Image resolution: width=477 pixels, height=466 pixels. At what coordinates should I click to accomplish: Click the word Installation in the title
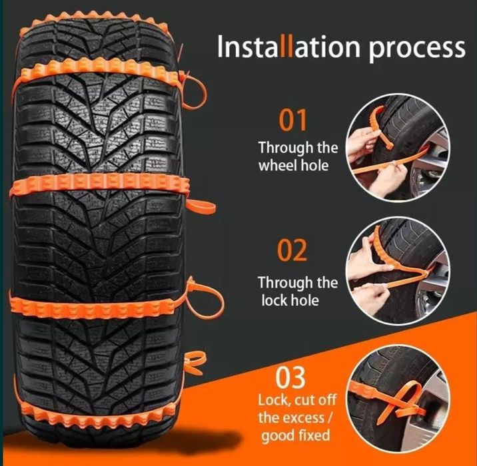(288, 47)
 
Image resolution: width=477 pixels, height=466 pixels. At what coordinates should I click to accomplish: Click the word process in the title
(417, 49)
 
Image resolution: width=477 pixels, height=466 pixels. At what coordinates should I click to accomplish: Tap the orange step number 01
(292, 120)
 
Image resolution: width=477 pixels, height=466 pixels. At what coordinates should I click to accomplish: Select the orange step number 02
(292, 250)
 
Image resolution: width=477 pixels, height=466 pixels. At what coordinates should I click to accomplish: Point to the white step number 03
(290, 377)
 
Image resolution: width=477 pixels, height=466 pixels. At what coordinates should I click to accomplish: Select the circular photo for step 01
(398, 147)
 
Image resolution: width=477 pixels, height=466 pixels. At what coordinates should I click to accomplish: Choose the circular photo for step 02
(398, 271)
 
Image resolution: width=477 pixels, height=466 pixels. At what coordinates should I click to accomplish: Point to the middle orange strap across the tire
(101, 185)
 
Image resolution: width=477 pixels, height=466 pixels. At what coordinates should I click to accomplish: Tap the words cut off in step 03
(315, 399)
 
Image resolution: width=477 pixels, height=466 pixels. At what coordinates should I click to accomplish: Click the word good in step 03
(278, 436)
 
